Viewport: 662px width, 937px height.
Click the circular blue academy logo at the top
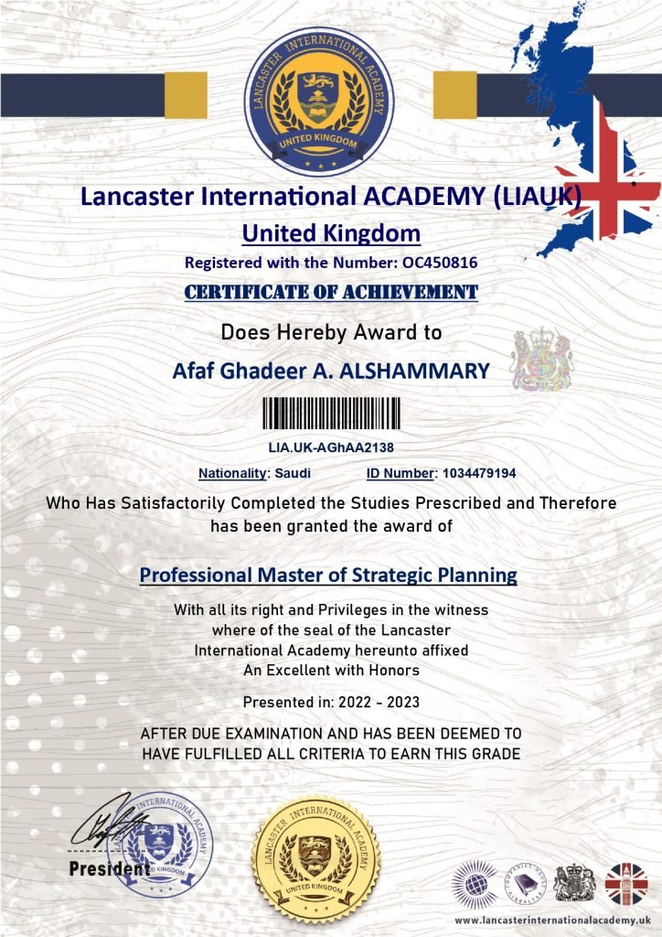tap(319, 102)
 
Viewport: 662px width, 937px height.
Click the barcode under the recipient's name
tap(331, 414)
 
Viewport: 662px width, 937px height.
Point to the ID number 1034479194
tap(479, 473)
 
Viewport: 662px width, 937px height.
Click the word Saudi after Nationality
tap(293, 473)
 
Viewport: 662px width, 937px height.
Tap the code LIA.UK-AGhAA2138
tap(331, 447)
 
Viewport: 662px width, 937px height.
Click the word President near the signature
tap(109, 868)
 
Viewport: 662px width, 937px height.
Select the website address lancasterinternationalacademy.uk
tap(551, 919)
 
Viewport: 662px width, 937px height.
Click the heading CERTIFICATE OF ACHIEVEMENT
tap(331, 292)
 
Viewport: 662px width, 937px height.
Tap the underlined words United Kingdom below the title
tap(331, 233)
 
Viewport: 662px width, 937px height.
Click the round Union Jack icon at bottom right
tap(626, 884)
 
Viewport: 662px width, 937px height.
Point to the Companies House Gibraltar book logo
tap(526, 884)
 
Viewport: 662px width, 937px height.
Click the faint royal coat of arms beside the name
tap(540, 360)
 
